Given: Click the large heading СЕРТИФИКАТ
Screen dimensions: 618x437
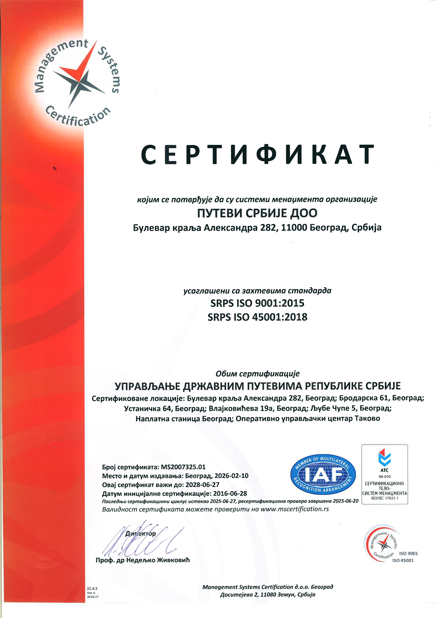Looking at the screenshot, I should point(258,154).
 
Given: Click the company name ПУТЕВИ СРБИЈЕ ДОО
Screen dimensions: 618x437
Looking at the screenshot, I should point(257,213).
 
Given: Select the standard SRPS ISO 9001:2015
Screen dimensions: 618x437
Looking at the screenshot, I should point(257,303).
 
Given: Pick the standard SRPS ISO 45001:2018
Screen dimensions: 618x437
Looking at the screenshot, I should point(257,317).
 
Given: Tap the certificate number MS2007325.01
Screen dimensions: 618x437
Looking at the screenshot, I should point(183,467).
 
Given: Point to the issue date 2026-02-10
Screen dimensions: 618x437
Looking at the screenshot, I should point(231,476).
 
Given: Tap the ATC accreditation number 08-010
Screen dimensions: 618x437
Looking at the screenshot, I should point(385,476).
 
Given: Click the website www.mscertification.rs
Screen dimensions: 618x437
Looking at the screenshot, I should point(294,509).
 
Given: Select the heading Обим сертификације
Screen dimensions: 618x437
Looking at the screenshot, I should point(257,374).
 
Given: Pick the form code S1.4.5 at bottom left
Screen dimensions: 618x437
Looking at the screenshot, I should point(92,588).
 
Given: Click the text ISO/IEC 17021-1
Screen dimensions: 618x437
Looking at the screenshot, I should point(385,498).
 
